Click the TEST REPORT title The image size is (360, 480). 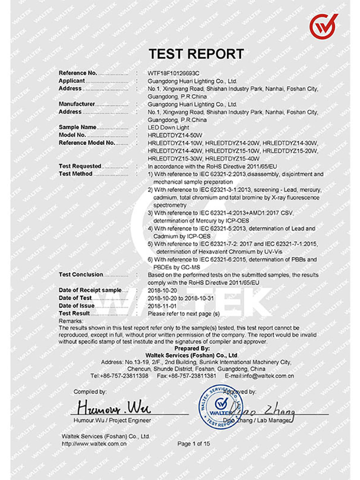[x=196, y=54]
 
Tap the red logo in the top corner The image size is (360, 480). [x=323, y=26]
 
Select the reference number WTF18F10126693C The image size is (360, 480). [x=173, y=73]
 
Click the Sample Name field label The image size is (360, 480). [x=77, y=127]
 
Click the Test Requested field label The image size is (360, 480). [x=80, y=166]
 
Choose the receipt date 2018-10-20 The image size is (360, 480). [x=162, y=290]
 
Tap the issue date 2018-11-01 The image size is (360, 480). [x=162, y=306]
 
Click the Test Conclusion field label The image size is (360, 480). [x=81, y=274]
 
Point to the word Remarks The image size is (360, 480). [x=71, y=321]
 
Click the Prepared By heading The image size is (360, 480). [x=192, y=348]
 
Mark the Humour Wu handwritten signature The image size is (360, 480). [x=112, y=408]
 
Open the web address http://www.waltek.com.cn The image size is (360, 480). [x=94, y=444]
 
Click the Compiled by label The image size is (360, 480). [x=90, y=392]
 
